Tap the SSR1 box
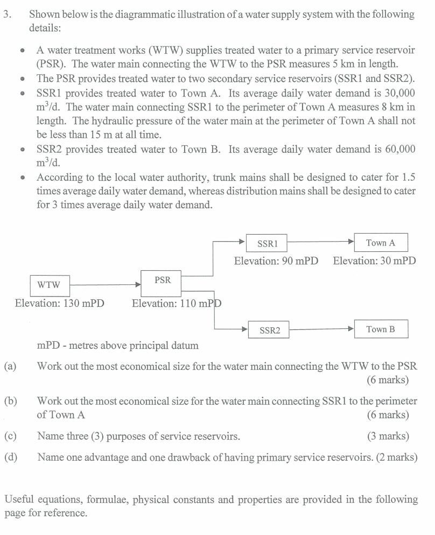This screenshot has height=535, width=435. (266, 243)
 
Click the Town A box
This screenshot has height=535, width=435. (381, 243)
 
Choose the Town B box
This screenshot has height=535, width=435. (381, 329)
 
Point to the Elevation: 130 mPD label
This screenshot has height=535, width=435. (60, 303)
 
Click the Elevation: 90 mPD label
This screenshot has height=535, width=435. (276, 261)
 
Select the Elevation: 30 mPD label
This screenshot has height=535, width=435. (375, 261)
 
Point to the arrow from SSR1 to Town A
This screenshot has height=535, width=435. (320, 243)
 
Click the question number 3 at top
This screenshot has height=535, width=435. (6, 15)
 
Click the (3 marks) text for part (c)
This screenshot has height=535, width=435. (387, 436)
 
